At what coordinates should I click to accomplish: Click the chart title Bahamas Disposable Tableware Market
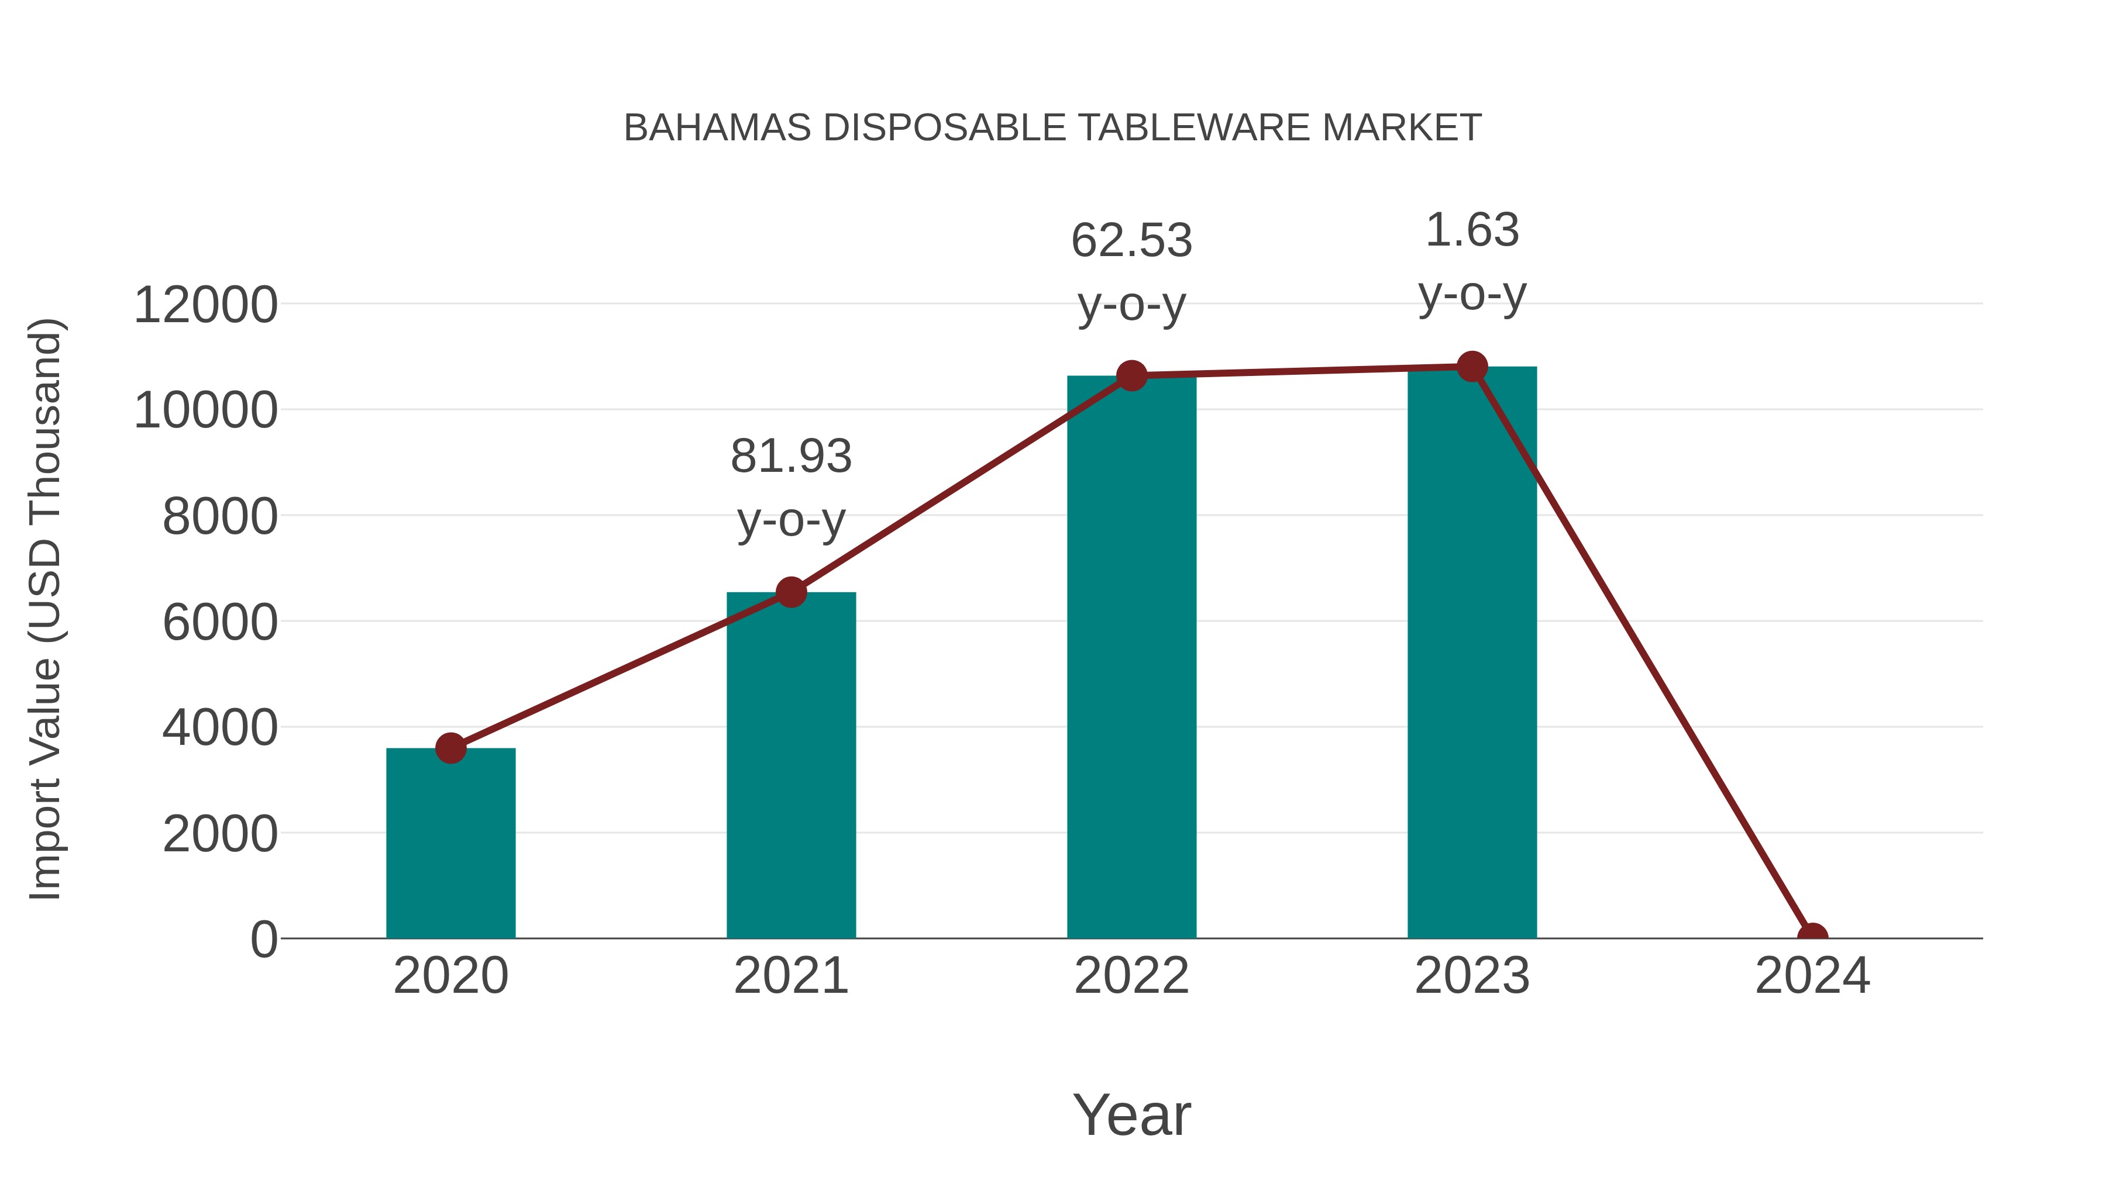(x=1052, y=128)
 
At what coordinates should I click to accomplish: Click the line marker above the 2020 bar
(x=450, y=748)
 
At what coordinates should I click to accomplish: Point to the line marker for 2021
(x=790, y=592)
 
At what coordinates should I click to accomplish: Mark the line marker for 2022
(x=1131, y=376)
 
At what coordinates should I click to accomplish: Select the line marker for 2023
(x=1472, y=367)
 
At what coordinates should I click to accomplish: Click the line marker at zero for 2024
(x=1812, y=937)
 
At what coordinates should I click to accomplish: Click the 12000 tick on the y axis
(x=205, y=305)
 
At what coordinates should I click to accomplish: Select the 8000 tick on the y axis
(x=220, y=516)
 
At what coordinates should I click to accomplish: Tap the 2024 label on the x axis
(x=1812, y=976)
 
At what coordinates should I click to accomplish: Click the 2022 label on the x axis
(x=1131, y=976)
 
